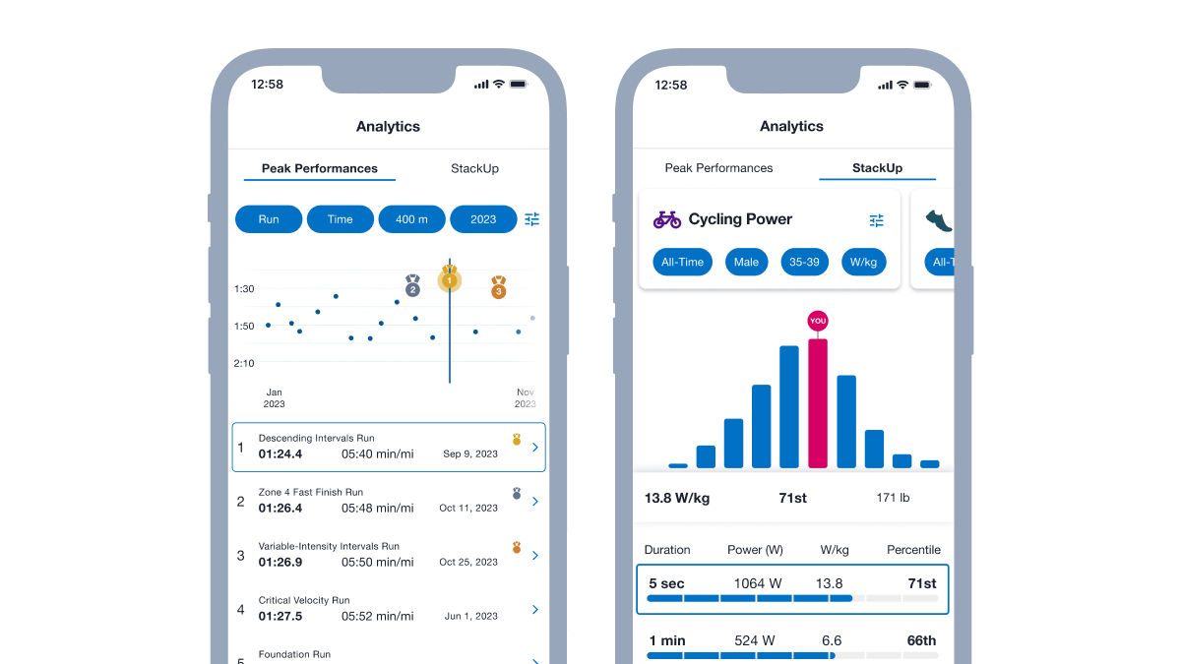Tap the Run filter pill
click(x=269, y=219)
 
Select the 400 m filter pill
click(x=411, y=219)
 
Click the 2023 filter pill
click(x=483, y=219)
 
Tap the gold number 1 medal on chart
click(x=449, y=280)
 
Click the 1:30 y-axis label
click(x=244, y=289)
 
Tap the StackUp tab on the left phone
click(x=474, y=168)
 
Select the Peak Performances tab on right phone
click(x=718, y=168)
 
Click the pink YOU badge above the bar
click(x=818, y=321)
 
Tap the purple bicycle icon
click(x=667, y=219)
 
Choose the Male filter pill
click(x=747, y=263)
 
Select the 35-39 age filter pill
click(x=805, y=263)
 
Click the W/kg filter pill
click(x=863, y=263)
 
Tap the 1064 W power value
click(x=758, y=583)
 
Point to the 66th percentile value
click(x=921, y=640)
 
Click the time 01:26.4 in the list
click(x=280, y=508)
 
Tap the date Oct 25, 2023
click(x=468, y=562)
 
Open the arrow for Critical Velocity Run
click(x=535, y=609)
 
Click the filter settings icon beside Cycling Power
click(x=876, y=220)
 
